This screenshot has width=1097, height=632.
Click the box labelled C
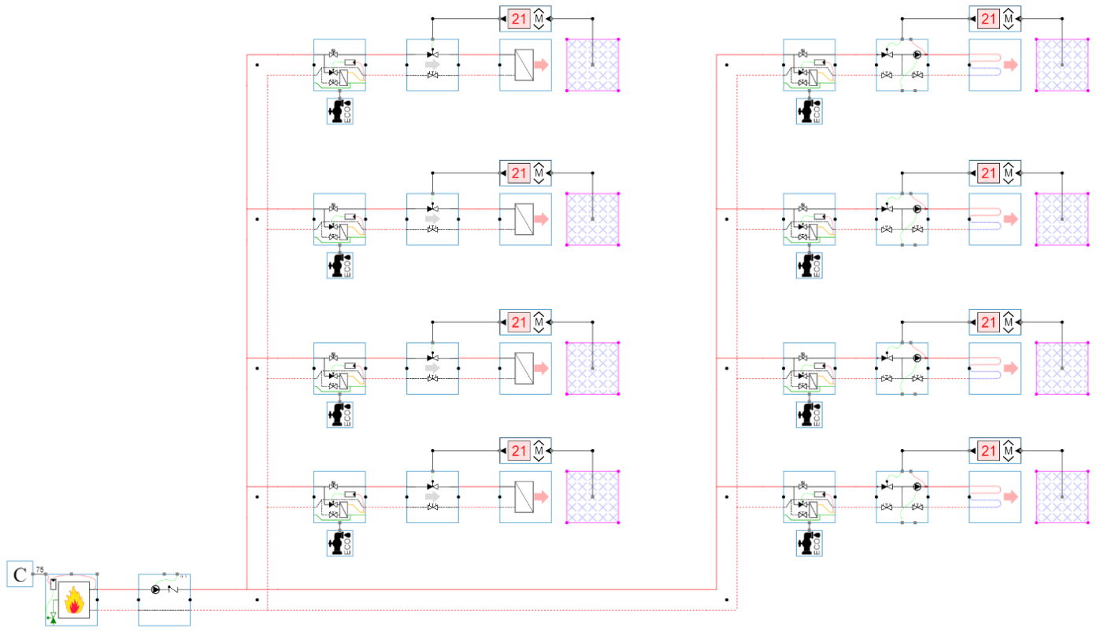pyautogui.click(x=19, y=574)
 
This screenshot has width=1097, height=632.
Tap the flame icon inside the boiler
pyautogui.click(x=75, y=602)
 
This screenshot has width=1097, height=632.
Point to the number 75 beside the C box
pyautogui.click(x=40, y=569)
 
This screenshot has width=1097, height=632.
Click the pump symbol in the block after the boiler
pyautogui.click(x=155, y=589)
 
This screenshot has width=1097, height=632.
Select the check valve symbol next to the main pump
pyautogui.click(x=173, y=589)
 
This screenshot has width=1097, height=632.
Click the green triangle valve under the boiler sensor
pyautogui.click(x=53, y=619)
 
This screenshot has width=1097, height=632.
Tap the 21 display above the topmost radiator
pyautogui.click(x=517, y=19)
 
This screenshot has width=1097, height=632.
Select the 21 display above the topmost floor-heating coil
pyautogui.click(x=988, y=19)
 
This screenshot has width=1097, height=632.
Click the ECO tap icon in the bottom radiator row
pyautogui.click(x=340, y=544)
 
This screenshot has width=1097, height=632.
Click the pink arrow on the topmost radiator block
pyautogui.click(x=541, y=65)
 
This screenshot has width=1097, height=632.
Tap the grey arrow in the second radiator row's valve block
pyautogui.click(x=432, y=218)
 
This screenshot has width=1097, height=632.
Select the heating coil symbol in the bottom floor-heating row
pyautogui.click(x=985, y=497)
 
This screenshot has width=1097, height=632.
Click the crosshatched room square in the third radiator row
pyautogui.click(x=592, y=368)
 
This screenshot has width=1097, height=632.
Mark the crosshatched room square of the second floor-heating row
pyautogui.click(x=1061, y=218)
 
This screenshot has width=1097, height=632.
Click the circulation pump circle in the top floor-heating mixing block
pyautogui.click(x=917, y=55)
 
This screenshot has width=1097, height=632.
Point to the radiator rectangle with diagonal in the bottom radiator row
pyautogui.click(x=524, y=497)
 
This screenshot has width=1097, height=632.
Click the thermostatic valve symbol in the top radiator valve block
pyautogui.click(x=432, y=54)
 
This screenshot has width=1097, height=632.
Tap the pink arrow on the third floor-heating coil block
pyautogui.click(x=1010, y=368)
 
